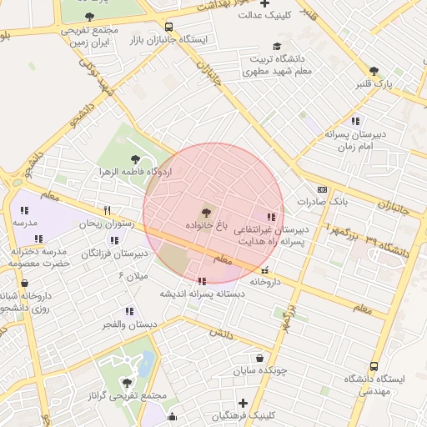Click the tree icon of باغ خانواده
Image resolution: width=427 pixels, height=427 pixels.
tap(206, 212)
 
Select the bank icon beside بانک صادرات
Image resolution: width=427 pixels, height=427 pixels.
tap(323, 189)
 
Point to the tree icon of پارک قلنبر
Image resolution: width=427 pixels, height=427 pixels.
tap(373, 72)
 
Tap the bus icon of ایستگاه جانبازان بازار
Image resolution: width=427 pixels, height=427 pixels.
tap(169, 27)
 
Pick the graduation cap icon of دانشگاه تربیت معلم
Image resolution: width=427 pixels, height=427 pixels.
tap(277, 47)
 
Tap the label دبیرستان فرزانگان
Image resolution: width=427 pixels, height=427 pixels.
tap(114, 253)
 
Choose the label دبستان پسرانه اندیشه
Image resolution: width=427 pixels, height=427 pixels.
tap(203, 294)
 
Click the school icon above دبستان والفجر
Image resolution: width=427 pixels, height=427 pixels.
tap(129, 311)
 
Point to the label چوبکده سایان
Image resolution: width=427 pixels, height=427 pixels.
tap(259, 369)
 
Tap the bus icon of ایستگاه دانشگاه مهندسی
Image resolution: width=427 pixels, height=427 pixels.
tap(373, 366)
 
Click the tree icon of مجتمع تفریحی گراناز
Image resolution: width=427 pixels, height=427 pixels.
tap(127, 383)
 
